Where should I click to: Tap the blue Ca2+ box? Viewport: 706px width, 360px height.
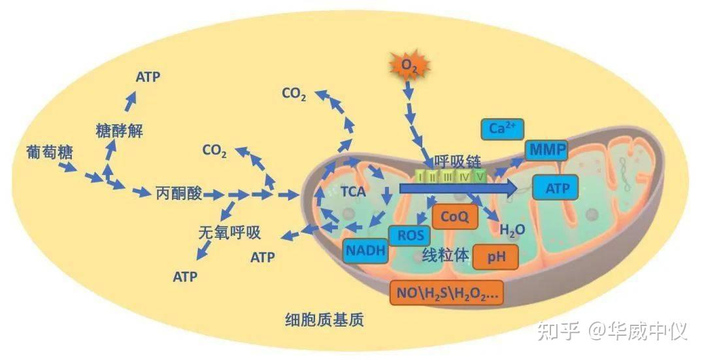pos(502,129)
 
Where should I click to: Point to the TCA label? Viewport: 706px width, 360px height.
pos(352,192)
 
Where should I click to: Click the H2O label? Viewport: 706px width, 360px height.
pos(513,229)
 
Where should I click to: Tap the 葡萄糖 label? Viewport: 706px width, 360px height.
pos(50,152)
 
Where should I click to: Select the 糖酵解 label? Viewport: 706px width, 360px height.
pos(119,131)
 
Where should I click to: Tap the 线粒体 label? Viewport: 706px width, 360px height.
pos(445,255)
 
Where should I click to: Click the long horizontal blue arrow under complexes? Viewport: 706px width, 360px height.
pos(458,188)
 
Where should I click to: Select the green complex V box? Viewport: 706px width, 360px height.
pos(480,176)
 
